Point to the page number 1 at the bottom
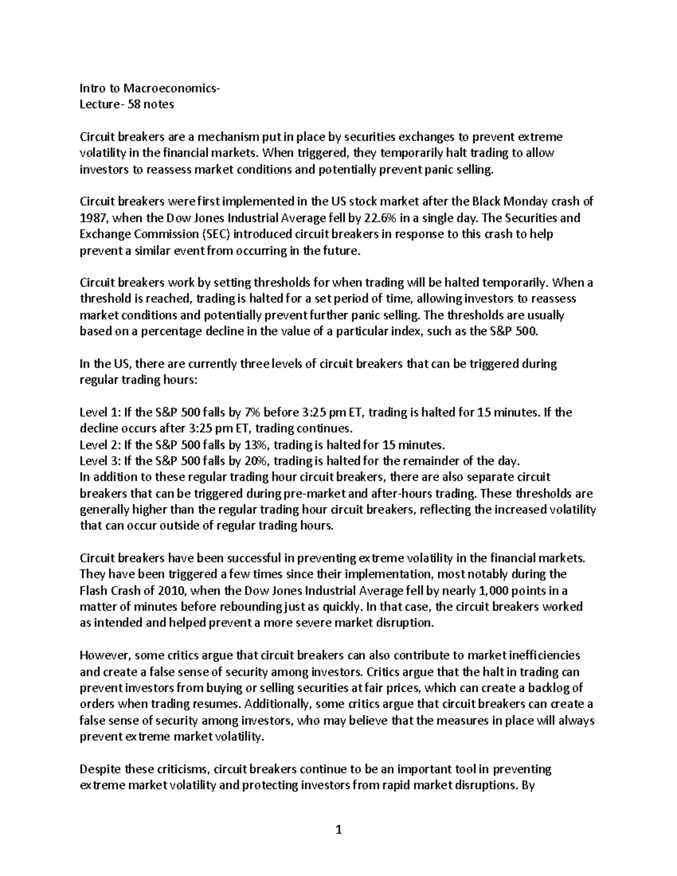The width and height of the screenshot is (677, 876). coord(338,829)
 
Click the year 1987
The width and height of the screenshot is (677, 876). coord(92,218)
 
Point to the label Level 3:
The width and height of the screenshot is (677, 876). coord(99,461)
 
